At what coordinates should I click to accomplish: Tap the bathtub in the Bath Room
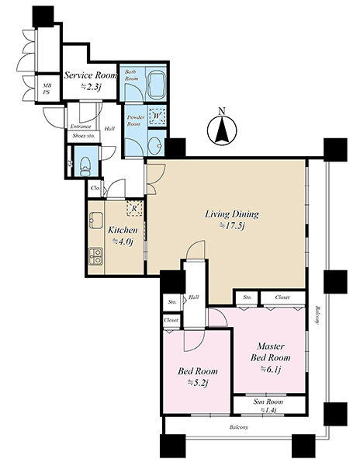coord(156,84)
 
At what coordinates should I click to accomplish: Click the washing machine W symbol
coord(157,115)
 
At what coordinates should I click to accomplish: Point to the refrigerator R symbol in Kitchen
coord(134,208)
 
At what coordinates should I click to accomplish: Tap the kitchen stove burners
coord(95,256)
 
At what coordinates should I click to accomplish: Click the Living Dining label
coord(232,214)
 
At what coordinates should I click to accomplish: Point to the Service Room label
coord(91,75)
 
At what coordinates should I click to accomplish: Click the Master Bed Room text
coord(270,352)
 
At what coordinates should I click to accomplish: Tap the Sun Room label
coord(268,402)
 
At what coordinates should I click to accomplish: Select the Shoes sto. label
coord(83,136)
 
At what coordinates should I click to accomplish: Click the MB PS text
coord(47,89)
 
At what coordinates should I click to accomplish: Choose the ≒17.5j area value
coord(232,227)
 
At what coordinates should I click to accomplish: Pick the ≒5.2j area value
coord(197,383)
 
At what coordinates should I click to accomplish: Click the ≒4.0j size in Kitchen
coord(123,242)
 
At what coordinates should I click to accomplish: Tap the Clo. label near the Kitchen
coord(95,188)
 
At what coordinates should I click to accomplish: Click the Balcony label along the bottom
coord(239,427)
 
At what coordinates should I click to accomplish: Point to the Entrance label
coord(81,127)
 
